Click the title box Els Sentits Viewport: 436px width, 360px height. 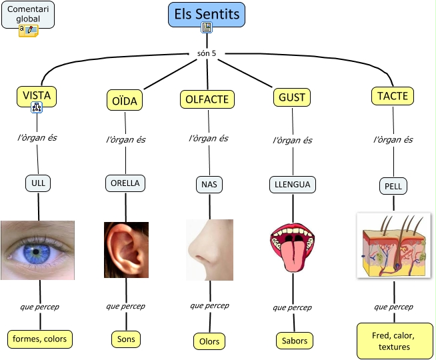(x=207, y=14)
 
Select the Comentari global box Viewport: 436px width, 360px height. (x=28, y=14)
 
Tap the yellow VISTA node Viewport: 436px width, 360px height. (x=37, y=95)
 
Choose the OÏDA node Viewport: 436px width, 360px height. (x=124, y=101)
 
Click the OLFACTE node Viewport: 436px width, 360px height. (x=207, y=99)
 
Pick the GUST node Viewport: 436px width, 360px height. (x=292, y=97)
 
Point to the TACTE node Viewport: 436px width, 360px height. (x=393, y=96)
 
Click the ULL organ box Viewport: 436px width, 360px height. (x=37, y=182)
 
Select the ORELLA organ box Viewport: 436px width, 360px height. (x=125, y=183)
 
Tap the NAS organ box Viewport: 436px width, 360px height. (x=209, y=183)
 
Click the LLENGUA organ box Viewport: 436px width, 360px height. (x=293, y=184)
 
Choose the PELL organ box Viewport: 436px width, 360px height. (x=393, y=186)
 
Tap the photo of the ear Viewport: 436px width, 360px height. (x=126, y=249)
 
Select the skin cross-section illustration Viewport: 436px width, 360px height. (x=393, y=245)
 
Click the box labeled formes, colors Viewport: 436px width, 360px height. (x=39, y=339)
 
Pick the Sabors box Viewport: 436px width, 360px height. (x=294, y=341)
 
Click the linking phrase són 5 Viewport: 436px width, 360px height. (x=207, y=53)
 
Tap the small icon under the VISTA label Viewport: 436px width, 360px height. (x=37, y=107)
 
